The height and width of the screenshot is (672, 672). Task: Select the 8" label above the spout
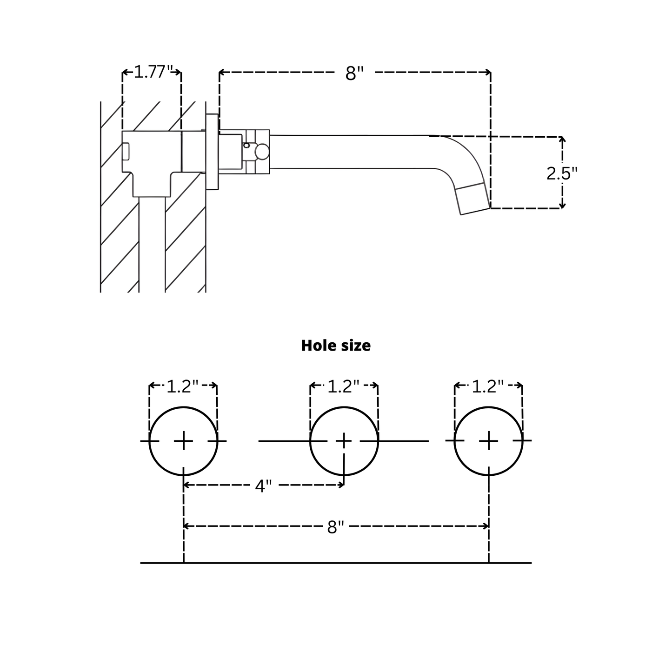[x=354, y=73]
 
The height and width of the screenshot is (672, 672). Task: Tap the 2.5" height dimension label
[x=562, y=173]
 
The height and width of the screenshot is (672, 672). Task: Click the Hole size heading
[x=336, y=346]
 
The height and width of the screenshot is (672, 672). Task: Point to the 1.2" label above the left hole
[x=183, y=386]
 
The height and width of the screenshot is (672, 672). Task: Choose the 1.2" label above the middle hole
[x=344, y=386]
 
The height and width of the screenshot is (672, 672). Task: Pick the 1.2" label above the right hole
[x=488, y=386]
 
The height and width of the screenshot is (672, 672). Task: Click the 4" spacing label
[x=263, y=486]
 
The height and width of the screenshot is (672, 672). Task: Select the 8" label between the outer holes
[x=335, y=527]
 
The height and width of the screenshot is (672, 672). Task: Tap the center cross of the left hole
[x=184, y=440]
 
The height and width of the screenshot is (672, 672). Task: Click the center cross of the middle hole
[x=344, y=440]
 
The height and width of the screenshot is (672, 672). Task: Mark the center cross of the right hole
[x=488, y=440]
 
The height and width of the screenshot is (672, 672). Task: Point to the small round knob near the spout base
[x=262, y=152]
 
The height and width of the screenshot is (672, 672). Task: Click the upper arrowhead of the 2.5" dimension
[x=562, y=140]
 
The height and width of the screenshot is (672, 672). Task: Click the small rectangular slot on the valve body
[x=126, y=152]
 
